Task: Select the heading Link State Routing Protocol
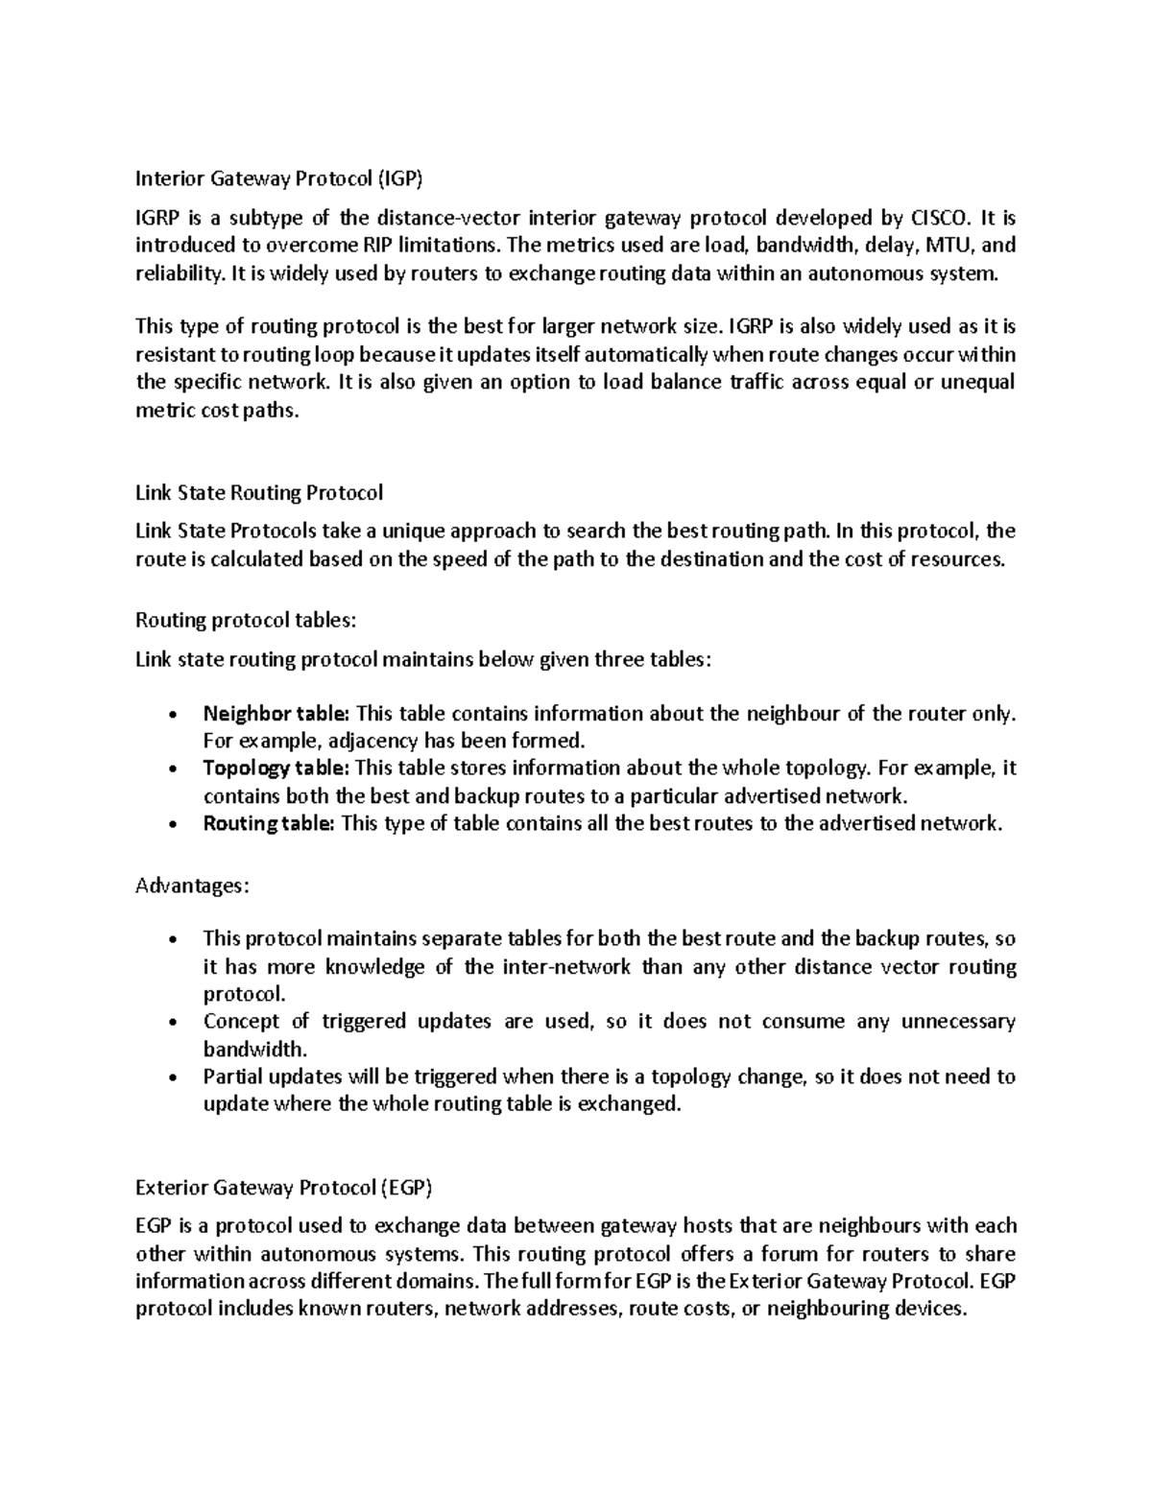pyautogui.click(x=259, y=493)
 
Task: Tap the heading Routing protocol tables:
pyautogui.click(x=246, y=621)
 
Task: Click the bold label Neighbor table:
pyautogui.click(x=277, y=714)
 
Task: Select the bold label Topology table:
pyautogui.click(x=276, y=769)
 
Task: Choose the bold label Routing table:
pyautogui.click(x=269, y=823)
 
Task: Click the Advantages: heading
pyautogui.click(x=192, y=886)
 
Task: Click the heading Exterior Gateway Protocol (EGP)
pyautogui.click(x=284, y=1189)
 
